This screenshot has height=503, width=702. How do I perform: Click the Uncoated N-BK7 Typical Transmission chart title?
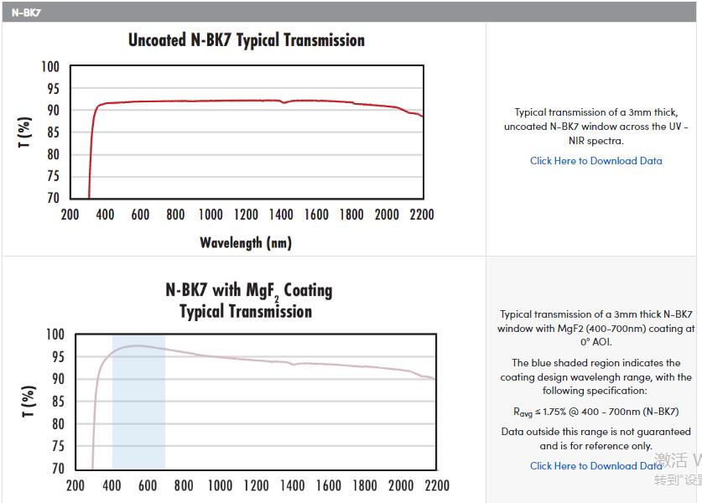click(x=246, y=40)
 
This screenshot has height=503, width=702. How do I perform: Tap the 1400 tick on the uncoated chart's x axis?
click(x=281, y=215)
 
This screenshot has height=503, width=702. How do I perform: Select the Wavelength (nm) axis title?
click(x=246, y=243)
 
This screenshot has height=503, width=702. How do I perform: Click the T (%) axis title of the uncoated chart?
click(x=25, y=132)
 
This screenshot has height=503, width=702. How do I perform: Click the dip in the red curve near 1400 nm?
click(x=283, y=102)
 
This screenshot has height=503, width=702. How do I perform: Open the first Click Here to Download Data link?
click(x=595, y=161)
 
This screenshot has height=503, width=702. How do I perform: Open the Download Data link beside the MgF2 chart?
click(x=595, y=466)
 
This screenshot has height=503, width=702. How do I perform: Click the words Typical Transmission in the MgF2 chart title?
click(x=246, y=312)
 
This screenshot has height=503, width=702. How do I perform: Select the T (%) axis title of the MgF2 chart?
click(x=29, y=402)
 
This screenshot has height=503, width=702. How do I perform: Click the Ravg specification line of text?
click(x=595, y=412)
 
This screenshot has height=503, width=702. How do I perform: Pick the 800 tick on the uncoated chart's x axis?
click(x=174, y=215)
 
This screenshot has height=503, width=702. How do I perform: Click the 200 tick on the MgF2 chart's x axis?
click(x=75, y=485)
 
